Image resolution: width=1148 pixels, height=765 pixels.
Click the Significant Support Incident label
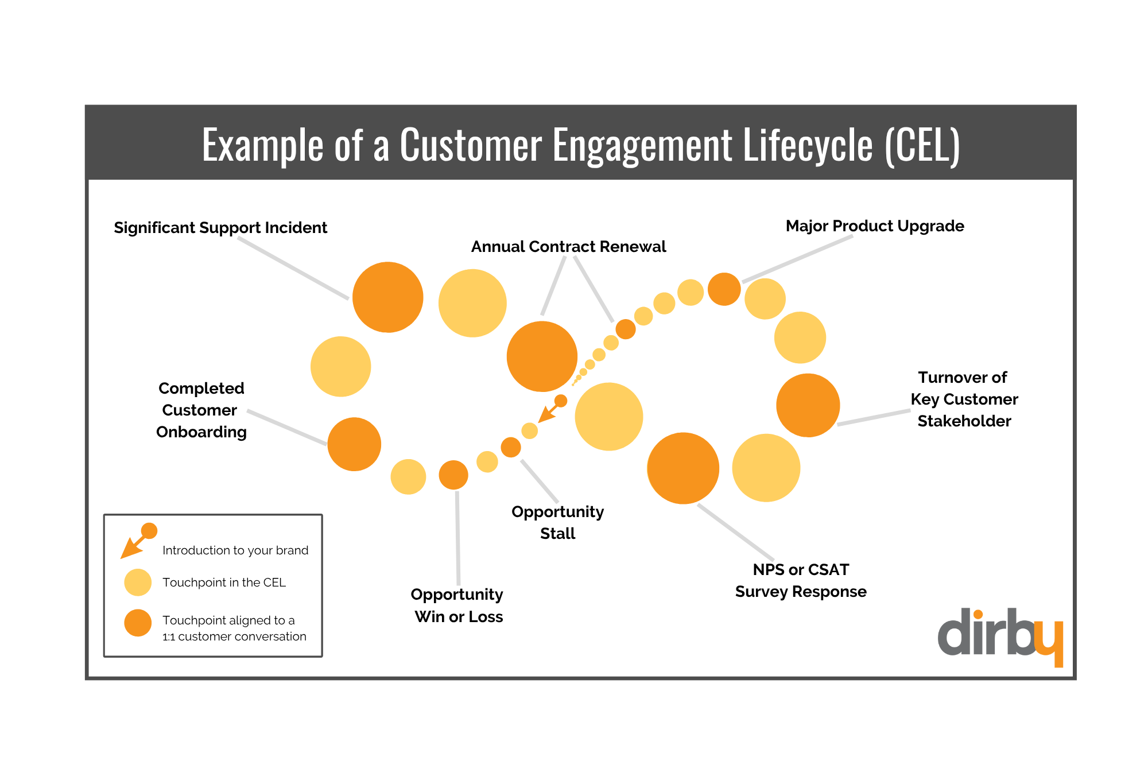tap(220, 228)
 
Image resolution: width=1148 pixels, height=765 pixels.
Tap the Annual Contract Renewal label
tap(568, 247)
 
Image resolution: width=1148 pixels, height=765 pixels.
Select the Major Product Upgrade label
tap(874, 226)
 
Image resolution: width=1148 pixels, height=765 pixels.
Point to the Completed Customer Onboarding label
tap(201, 410)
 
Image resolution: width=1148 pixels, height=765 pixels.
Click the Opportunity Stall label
tap(557, 522)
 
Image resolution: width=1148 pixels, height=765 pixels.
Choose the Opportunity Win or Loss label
tap(457, 605)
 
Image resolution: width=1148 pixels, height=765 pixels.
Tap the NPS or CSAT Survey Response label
tap(801, 580)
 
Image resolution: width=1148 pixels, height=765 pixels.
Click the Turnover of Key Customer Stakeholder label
tap(964, 399)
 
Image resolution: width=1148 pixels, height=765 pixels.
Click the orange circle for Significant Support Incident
tap(388, 297)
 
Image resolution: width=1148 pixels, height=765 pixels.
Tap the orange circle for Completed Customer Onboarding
tap(354, 444)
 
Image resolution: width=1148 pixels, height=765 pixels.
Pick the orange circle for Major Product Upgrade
tap(724, 289)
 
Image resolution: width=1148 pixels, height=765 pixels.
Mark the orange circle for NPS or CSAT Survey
tap(683, 468)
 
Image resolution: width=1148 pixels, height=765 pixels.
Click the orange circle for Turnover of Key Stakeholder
tap(808, 405)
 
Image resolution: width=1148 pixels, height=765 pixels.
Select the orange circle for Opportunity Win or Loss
tap(453, 475)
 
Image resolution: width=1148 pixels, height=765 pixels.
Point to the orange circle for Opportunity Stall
tap(511, 447)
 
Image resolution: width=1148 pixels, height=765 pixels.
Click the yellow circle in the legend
tap(138, 583)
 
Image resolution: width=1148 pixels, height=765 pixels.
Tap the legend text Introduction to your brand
tap(235, 550)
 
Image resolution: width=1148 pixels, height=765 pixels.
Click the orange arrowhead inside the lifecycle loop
tap(545, 416)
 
